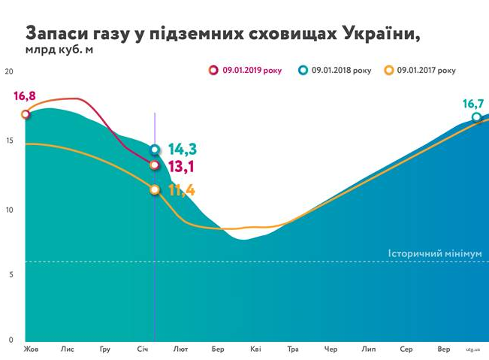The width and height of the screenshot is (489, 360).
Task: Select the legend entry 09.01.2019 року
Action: coord(252,71)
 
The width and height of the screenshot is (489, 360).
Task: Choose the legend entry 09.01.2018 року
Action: coord(340,71)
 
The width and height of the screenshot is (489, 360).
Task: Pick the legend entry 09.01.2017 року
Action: coord(425,71)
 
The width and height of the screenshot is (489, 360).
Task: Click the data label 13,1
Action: coord(182,165)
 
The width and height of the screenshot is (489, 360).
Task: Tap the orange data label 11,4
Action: coord(182,190)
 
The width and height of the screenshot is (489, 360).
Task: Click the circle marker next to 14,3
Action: coord(155,150)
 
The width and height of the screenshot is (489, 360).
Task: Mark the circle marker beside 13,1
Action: coord(155,165)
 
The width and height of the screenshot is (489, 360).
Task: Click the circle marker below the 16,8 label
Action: coord(26,114)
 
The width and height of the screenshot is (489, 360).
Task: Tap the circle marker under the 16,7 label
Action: coord(477,117)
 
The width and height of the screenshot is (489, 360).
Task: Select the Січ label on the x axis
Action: coord(143,349)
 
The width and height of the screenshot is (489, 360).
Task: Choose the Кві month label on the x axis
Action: coord(255,349)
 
